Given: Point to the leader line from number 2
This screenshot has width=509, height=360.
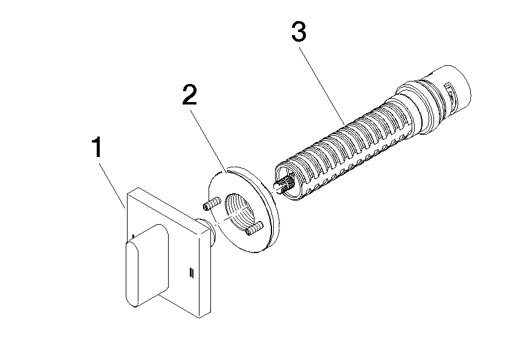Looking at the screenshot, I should [209, 137].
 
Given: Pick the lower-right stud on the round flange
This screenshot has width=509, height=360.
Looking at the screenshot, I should [253, 228].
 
